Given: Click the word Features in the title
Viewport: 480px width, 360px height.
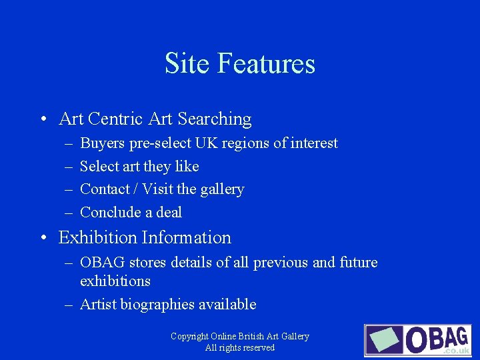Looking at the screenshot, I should click(266, 64).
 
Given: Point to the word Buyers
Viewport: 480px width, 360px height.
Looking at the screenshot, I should click(101, 143).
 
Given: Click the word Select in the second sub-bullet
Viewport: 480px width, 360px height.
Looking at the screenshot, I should click(99, 166).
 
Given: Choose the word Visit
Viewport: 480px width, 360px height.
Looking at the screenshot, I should click(159, 189).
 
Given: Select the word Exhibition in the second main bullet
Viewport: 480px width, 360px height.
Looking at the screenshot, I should click(97, 238).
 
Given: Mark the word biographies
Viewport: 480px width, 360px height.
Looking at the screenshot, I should click(158, 305).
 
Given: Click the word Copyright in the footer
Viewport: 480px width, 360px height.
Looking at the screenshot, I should click(190, 337).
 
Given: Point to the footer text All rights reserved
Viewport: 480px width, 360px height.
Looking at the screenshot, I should click(240, 348).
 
